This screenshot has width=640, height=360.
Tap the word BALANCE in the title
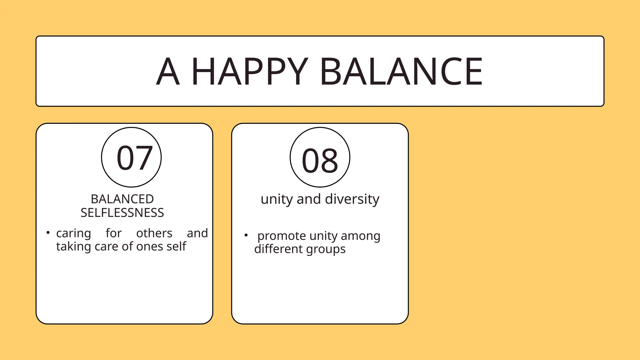click(x=401, y=72)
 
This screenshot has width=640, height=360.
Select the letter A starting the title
click(x=168, y=72)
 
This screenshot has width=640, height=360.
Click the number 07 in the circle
click(x=134, y=158)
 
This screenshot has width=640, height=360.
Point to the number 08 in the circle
click(x=320, y=161)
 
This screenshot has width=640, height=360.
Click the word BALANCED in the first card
click(x=122, y=199)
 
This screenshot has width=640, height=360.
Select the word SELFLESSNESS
click(x=122, y=213)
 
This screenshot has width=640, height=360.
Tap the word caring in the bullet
click(x=74, y=233)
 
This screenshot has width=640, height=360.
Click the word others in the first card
click(x=154, y=233)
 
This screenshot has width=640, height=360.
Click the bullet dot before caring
click(x=48, y=232)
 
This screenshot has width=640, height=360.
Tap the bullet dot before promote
click(x=246, y=235)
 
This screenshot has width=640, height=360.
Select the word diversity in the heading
click(x=352, y=199)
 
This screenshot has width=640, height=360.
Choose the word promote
click(x=282, y=236)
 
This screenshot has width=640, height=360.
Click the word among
click(x=361, y=236)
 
